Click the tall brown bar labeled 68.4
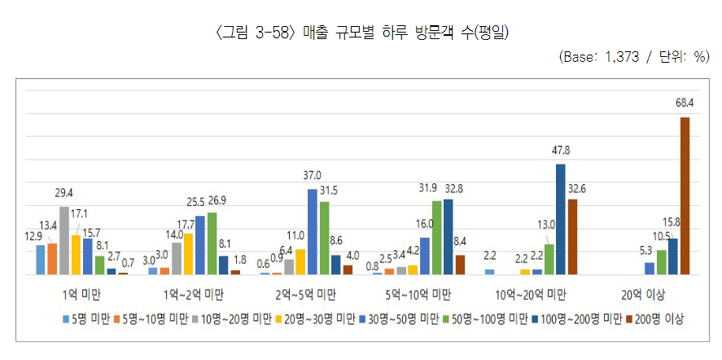685,196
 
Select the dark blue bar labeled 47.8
561,219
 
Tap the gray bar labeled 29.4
64,240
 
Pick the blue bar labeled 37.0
313,232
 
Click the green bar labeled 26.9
212,244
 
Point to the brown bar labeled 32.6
572,237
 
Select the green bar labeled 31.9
436,238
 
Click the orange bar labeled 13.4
52,259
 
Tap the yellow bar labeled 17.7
188,254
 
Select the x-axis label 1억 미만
82,296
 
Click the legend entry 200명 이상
657,319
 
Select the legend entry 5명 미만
85,319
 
